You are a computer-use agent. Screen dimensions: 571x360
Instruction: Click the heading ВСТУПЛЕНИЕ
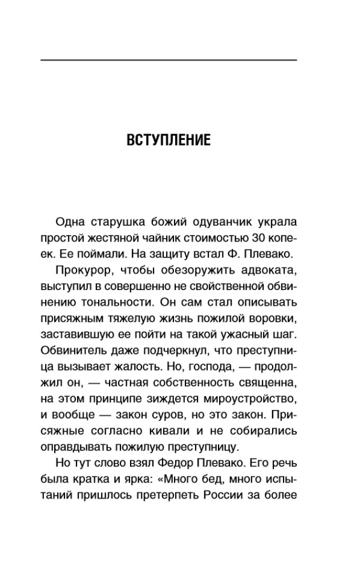[169, 140]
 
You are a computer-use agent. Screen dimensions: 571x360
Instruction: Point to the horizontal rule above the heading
[169, 60]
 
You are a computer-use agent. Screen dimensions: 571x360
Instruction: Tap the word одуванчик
[202, 221]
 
